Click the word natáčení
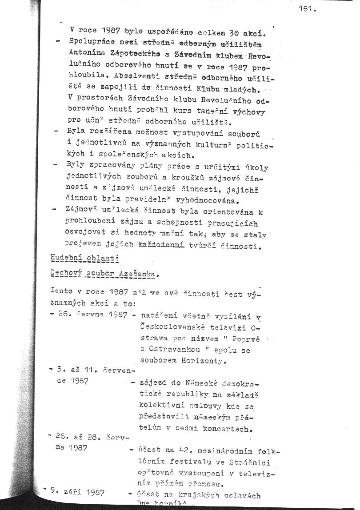(159, 316)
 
